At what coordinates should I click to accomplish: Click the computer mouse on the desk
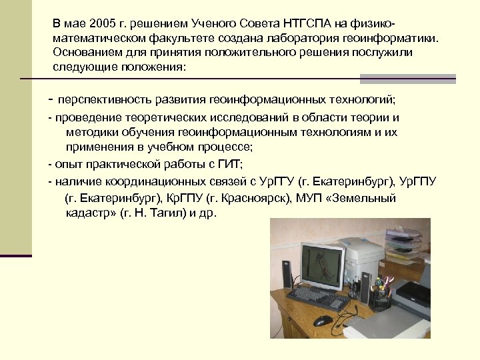coord(323,320)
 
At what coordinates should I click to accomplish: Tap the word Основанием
coord(85,52)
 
